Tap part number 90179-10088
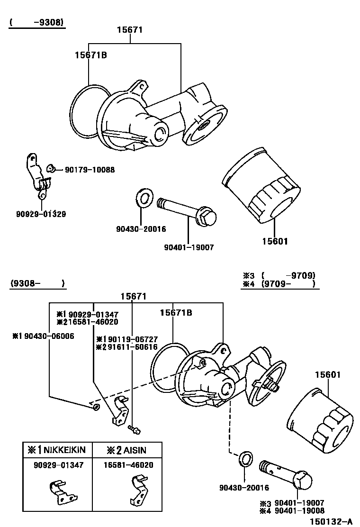click(90, 169)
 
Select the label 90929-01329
click(40, 214)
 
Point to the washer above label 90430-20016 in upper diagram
click(144, 198)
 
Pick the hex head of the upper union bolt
click(206, 217)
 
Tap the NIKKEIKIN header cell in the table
click(58, 450)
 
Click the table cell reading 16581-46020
click(128, 465)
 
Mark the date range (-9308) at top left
click(36, 22)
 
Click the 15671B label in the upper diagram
click(90, 55)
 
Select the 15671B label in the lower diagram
click(176, 313)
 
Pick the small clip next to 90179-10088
click(51, 168)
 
